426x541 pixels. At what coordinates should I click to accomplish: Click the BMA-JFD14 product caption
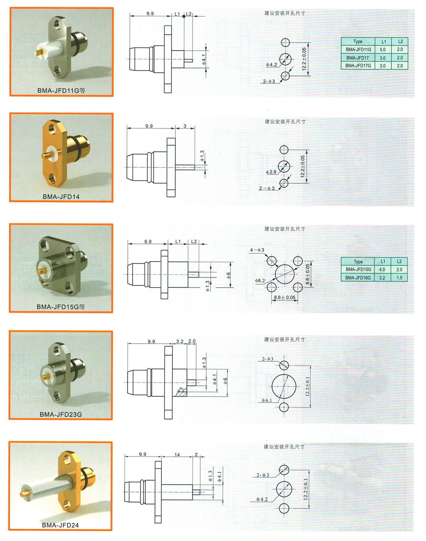pyautogui.click(x=61, y=197)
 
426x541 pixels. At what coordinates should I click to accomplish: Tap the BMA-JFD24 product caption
pyautogui.click(x=60, y=525)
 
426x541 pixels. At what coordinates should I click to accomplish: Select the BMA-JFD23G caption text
pyautogui.click(x=61, y=414)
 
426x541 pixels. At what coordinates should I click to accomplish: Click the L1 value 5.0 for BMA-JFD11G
pyautogui.click(x=382, y=50)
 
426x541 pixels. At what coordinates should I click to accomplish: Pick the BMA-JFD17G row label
pyautogui.click(x=358, y=66)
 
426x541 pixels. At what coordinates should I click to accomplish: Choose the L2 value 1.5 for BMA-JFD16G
pyautogui.click(x=399, y=278)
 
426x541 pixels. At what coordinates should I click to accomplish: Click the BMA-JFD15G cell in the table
pyautogui.click(x=358, y=269)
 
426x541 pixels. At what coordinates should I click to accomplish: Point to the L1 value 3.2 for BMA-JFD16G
pyautogui.click(x=382, y=278)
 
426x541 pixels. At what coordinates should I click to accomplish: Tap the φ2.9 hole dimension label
pyautogui.click(x=271, y=172)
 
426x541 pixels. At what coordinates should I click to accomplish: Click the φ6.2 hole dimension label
pyautogui.click(x=260, y=280)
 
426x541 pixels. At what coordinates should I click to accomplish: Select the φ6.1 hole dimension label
pyautogui.click(x=267, y=400)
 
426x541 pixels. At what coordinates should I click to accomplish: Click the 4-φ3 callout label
pyautogui.click(x=257, y=250)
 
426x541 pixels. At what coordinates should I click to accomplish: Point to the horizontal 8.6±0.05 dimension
pyautogui.click(x=285, y=297)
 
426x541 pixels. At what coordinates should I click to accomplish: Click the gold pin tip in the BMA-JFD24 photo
pyautogui.click(x=23, y=494)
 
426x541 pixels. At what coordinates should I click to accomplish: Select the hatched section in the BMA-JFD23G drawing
pyautogui.click(x=181, y=392)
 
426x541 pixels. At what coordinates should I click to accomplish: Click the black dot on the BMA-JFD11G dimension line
pyautogui.click(x=184, y=16)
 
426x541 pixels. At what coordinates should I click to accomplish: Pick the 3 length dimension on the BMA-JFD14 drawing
pyautogui.click(x=185, y=126)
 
